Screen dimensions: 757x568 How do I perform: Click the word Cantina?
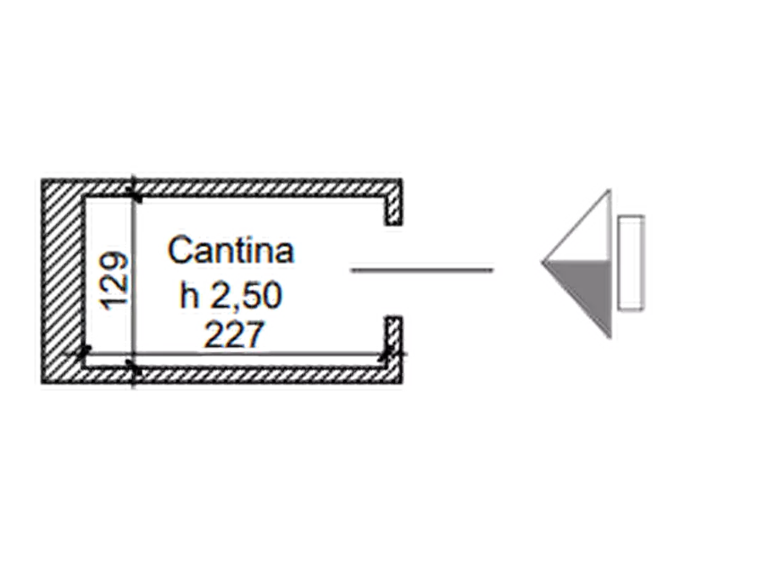click(231, 249)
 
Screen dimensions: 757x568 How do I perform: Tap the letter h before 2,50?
click(189, 295)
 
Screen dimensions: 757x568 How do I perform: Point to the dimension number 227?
click(234, 334)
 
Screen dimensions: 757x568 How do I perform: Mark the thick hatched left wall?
click(61, 281)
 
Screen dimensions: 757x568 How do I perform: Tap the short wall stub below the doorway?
click(393, 342)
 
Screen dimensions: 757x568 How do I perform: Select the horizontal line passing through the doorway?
click(422, 270)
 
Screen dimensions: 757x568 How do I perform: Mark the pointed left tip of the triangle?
click(543, 262)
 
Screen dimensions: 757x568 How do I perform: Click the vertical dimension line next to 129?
click(133, 281)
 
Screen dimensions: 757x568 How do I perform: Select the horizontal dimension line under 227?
click(237, 354)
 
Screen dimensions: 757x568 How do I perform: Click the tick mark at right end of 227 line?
click(385, 354)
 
